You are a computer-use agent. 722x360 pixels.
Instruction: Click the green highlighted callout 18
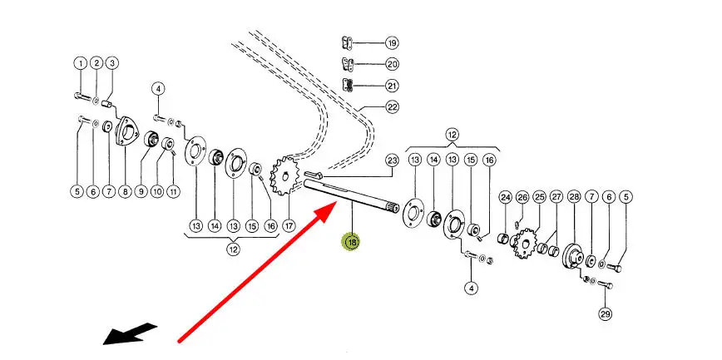point(352,243)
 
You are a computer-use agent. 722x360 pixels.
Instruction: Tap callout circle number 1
point(81,63)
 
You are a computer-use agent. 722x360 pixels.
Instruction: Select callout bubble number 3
point(111,63)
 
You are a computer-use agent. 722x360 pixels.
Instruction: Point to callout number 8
point(125,192)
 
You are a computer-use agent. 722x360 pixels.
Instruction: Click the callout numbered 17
point(289,224)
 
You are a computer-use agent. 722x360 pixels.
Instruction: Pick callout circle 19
point(391,42)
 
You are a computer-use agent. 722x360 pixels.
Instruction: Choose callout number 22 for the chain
point(392,106)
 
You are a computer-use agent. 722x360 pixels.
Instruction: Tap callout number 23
point(392,160)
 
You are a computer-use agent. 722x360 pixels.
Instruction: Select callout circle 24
point(505,197)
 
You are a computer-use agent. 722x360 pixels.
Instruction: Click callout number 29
point(605,313)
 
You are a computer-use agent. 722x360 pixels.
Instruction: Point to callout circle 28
point(574,197)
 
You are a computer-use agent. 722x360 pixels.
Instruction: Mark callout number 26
point(522,197)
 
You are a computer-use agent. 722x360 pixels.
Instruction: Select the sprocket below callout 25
point(525,244)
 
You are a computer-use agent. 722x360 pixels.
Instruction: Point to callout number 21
point(391,86)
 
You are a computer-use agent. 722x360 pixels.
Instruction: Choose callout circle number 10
point(157,192)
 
